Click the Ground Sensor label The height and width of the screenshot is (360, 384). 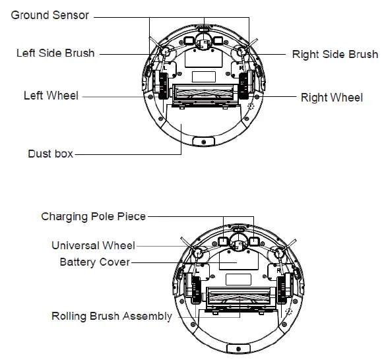point(49,15)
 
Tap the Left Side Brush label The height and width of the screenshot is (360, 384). point(55,53)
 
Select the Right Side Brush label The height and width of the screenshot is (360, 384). point(335,54)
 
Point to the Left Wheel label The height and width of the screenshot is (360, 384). point(51,96)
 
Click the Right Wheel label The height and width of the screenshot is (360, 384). point(332,98)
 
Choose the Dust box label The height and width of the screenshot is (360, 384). point(50,154)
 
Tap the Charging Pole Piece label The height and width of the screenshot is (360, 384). point(93,216)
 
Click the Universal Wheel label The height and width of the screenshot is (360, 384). point(93,245)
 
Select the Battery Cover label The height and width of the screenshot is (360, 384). point(94,262)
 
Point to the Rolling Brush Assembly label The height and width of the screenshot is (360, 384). point(112,316)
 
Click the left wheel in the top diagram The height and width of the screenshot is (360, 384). point(163,86)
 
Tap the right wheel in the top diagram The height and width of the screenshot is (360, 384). point(243,86)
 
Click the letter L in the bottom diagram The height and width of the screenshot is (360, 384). point(198,271)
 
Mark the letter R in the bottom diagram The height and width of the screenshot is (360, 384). point(278,271)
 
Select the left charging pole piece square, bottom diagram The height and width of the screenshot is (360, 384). point(223,241)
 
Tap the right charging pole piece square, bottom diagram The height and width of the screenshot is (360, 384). point(254,241)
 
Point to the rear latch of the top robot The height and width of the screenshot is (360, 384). point(204,142)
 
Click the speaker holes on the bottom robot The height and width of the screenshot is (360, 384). point(289,312)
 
